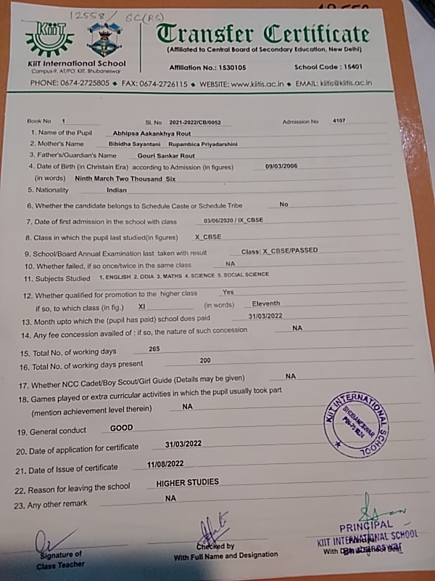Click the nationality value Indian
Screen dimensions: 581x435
[117, 190]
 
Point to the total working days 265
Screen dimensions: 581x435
[154, 349]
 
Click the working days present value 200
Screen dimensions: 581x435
[205, 361]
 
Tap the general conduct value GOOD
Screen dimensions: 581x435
[121, 428]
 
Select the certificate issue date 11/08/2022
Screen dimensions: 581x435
[165, 463]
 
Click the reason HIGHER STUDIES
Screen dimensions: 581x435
[187, 482]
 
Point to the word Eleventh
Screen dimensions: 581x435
[266, 304]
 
